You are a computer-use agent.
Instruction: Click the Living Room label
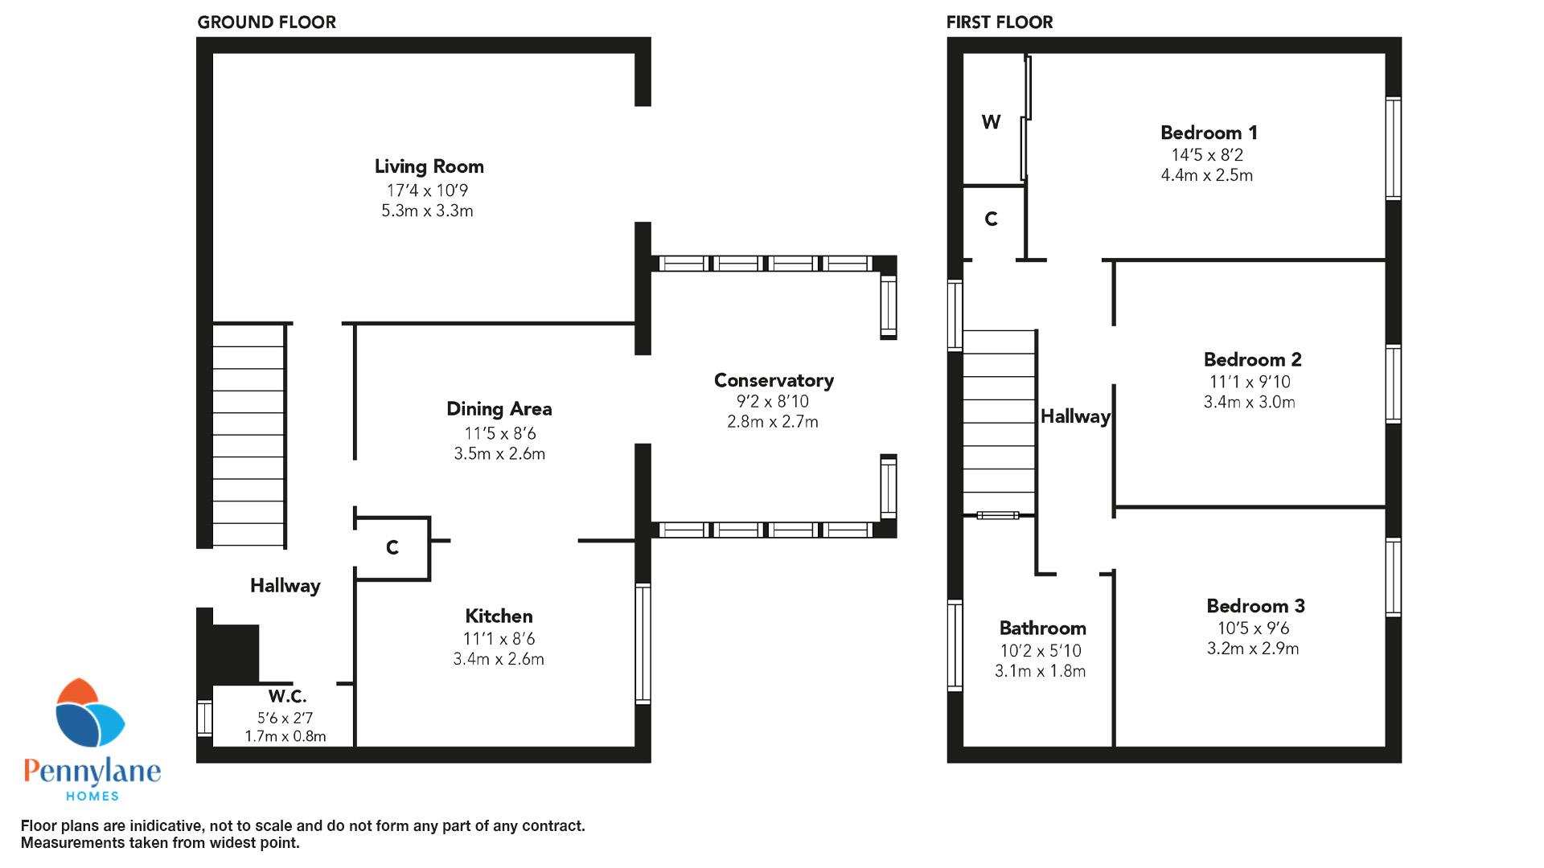click(x=429, y=166)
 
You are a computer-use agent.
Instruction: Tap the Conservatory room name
click(x=774, y=380)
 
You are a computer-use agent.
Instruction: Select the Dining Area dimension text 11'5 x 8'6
click(x=499, y=434)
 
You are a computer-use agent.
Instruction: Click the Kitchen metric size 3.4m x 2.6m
click(x=499, y=660)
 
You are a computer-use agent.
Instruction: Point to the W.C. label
click(x=287, y=696)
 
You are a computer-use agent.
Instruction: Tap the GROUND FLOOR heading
click(x=267, y=23)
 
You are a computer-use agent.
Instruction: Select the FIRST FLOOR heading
click(x=1000, y=23)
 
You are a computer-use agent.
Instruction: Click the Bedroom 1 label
click(x=1209, y=133)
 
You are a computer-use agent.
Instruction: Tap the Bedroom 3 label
click(x=1255, y=606)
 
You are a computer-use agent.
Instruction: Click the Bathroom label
click(x=1042, y=628)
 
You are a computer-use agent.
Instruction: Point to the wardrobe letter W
click(x=992, y=122)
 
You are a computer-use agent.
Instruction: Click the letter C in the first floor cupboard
click(x=992, y=219)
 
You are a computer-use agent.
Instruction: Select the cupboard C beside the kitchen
click(x=392, y=548)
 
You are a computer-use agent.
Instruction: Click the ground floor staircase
click(x=248, y=436)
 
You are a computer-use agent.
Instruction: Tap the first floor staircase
click(x=1000, y=422)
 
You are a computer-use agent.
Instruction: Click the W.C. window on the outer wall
click(x=205, y=718)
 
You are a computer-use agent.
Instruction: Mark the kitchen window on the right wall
click(x=643, y=644)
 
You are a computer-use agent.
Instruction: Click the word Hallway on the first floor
click(x=1075, y=416)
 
